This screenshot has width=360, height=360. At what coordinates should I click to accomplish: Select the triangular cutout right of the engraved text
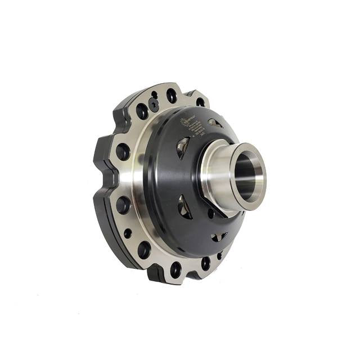tap(214, 122)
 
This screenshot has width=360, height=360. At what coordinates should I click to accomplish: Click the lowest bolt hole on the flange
tap(176, 269)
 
